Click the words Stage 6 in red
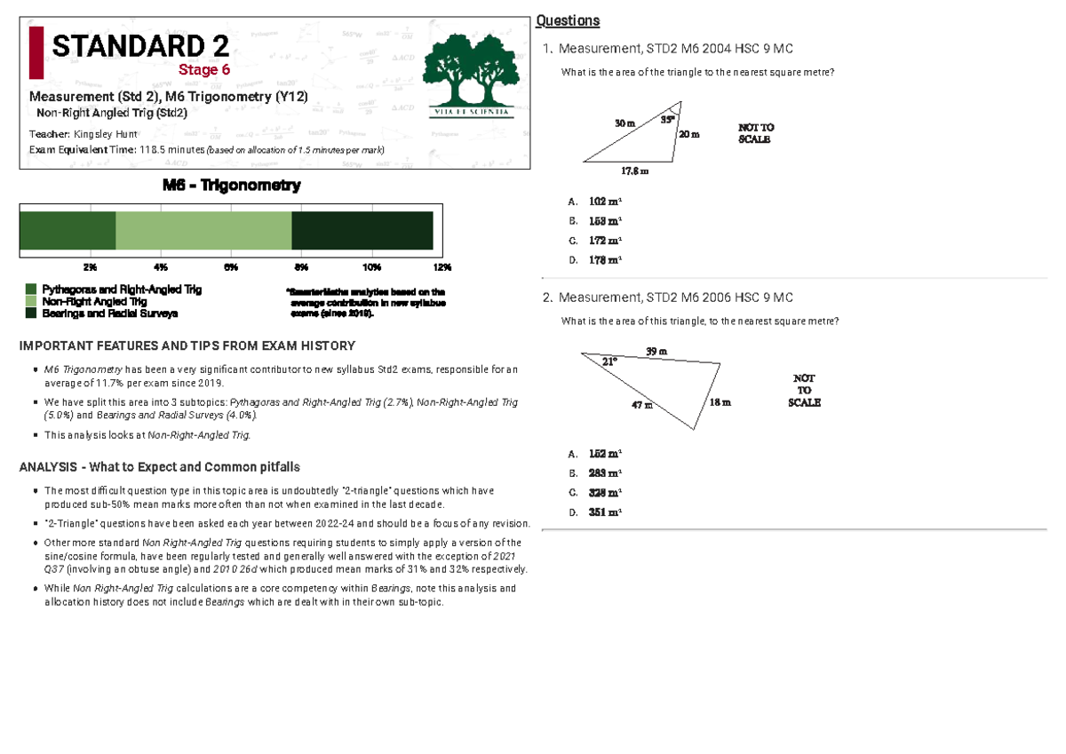click(x=203, y=70)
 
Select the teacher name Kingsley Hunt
click(x=106, y=133)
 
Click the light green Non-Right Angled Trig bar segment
click(x=203, y=231)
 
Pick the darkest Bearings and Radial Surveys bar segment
click(x=362, y=231)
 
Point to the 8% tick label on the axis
click(x=301, y=267)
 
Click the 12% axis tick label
click(x=442, y=267)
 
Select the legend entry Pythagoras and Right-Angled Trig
click(x=122, y=290)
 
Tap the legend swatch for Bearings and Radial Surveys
click(x=31, y=314)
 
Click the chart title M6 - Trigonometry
click(x=231, y=186)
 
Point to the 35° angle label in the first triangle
click(x=666, y=120)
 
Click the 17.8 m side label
click(x=634, y=171)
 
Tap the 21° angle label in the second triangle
click(x=609, y=361)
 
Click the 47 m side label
click(x=641, y=405)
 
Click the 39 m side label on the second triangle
click(x=656, y=352)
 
